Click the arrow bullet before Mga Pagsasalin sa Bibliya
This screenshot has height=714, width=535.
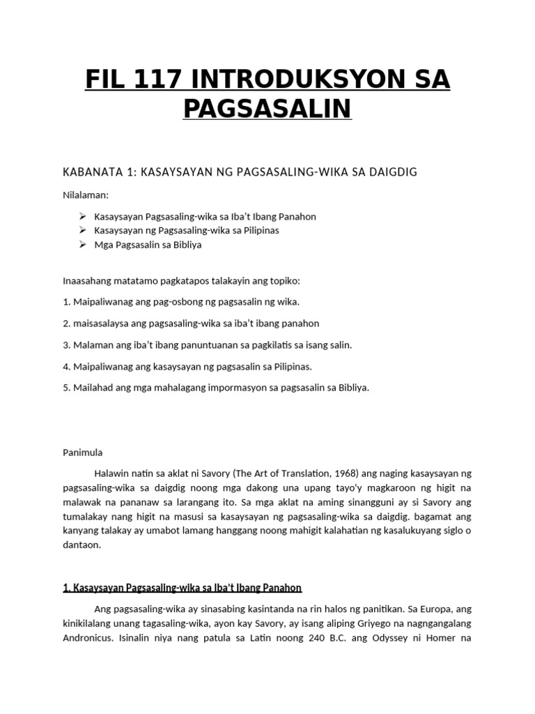tap(82, 245)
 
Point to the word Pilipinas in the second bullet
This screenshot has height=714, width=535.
tap(258, 230)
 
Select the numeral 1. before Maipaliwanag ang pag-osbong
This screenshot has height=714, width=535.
tap(67, 302)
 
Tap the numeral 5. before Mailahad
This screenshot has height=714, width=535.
tap(67, 388)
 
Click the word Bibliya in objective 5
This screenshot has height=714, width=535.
tap(351, 388)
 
